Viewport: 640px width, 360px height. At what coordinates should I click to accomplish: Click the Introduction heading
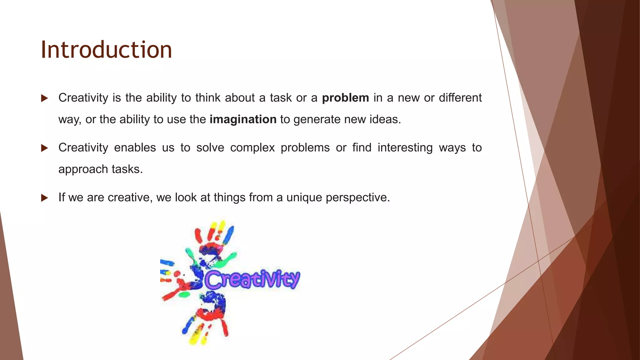(106, 50)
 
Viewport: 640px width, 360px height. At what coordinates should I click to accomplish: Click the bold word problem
(345, 98)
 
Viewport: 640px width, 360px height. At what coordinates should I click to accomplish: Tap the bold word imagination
(243, 120)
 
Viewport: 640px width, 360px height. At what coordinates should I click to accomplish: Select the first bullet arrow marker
(44, 98)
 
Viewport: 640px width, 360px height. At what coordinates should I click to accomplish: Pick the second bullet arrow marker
(44, 148)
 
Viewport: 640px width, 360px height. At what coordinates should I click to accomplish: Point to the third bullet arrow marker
(44, 198)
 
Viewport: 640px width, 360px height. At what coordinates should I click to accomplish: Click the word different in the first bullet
(460, 98)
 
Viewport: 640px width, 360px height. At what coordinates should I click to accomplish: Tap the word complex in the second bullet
(252, 148)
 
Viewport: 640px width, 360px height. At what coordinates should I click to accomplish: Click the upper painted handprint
(212, 247)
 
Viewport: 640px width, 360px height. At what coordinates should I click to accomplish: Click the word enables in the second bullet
(135, 147)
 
